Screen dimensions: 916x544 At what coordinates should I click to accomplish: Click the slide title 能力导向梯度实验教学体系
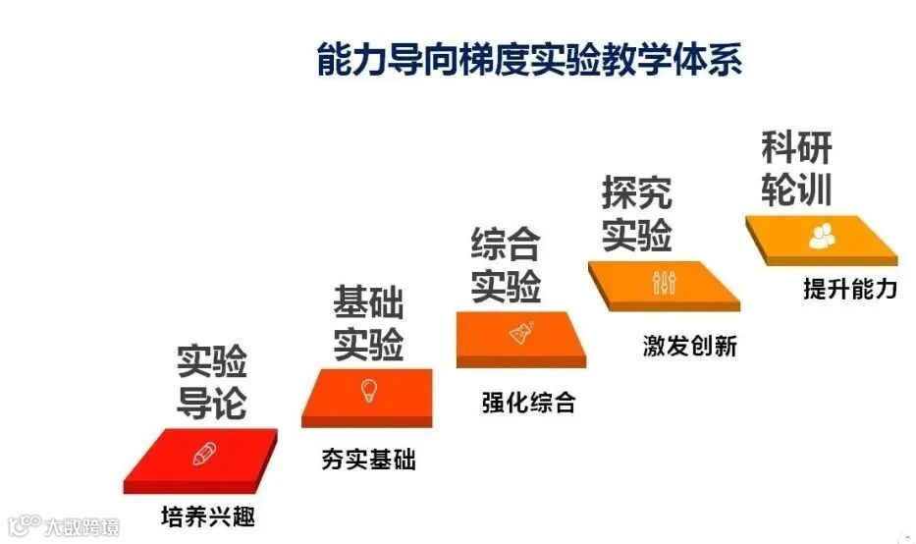coord(529,60)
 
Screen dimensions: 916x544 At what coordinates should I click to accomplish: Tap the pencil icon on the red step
coord(204,454)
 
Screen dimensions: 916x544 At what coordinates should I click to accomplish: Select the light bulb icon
coord(369,390)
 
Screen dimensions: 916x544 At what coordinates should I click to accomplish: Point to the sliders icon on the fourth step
coord(664,282)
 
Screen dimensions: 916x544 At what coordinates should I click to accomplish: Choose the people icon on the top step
coord(821,236)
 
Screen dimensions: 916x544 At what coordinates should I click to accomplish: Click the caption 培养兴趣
coord(208,514)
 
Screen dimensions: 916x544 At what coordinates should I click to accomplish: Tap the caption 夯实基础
coord(368,459)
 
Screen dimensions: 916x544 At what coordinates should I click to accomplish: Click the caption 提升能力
coord(849,289)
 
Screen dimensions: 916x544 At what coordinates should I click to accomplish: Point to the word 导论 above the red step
coord(211,403)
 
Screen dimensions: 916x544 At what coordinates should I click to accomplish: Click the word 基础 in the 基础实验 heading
coord(368,303)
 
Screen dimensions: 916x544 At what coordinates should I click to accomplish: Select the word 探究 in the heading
coord(636,193)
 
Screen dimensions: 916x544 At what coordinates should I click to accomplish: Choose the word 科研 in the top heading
coord(796,148)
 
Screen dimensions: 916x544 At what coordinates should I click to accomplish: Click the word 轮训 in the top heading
coord(796,190)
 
